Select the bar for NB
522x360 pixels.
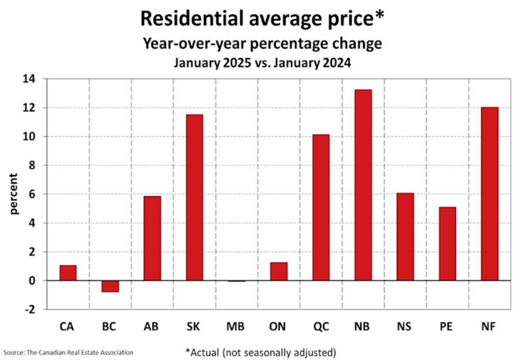coord(363,185)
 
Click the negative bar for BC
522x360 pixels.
coord(110,286)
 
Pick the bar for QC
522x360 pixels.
coord(321,207)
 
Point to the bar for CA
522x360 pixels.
coord(68,273)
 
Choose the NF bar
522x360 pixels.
coord(490,193)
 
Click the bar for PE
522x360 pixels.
coord(448,244)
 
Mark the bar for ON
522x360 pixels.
coord(278,271)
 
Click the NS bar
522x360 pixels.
coord(405,236)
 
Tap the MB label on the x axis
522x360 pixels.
coord(236,327)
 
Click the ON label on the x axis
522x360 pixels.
coord(278,327)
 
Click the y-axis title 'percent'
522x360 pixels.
coord(14,194)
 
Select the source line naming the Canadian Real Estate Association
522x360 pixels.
coord(68,352)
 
